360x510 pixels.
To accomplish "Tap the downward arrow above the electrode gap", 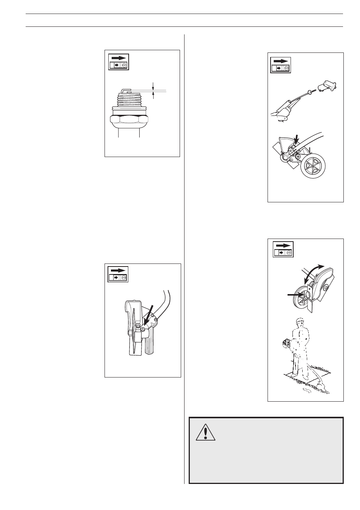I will click(x=154, y=85).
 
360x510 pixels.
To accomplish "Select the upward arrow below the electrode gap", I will click(x=154, y=96).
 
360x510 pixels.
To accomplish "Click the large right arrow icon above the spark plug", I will click(x=119, y=58).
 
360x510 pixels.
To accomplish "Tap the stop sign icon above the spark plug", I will click(x=124, y=65).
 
